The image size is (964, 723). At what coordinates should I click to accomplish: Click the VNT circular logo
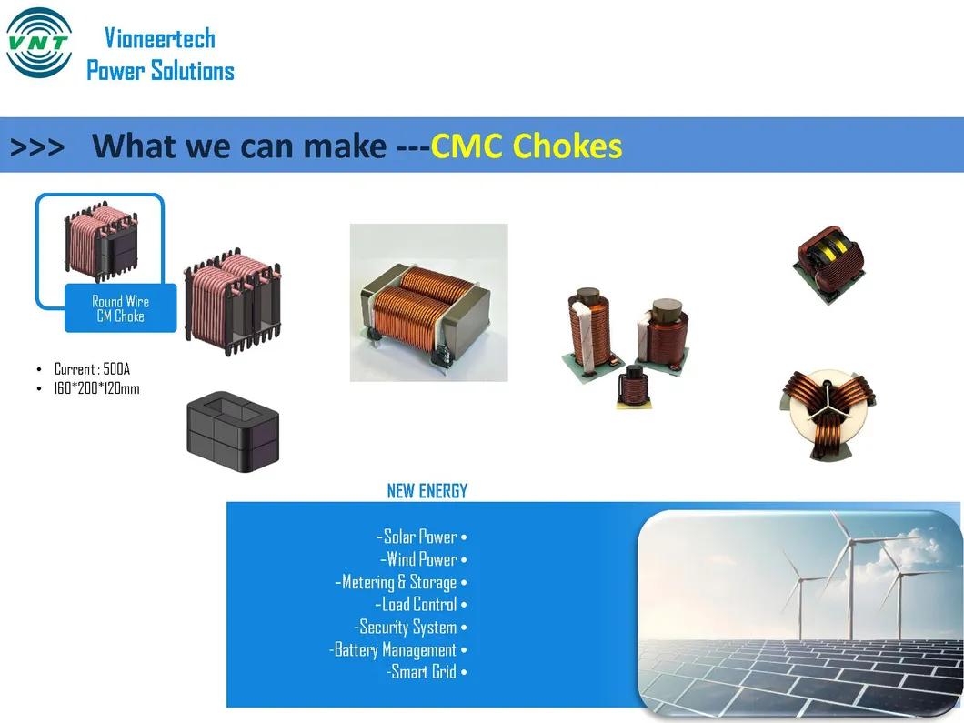39,43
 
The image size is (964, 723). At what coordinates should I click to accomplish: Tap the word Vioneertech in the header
160,38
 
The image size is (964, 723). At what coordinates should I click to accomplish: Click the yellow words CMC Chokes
527,146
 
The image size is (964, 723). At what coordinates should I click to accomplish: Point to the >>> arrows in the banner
37,147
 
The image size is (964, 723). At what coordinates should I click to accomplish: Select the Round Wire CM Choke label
120,308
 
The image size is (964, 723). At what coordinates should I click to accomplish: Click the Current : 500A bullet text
92,369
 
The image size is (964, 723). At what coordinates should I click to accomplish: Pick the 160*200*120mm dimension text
96,388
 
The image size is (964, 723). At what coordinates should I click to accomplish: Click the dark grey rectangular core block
233,432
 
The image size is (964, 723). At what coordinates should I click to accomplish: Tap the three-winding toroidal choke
828,414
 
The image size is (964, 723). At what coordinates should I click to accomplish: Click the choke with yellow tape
829,264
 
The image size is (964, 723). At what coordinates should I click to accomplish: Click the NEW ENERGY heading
427,490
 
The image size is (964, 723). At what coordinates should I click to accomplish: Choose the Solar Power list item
421,537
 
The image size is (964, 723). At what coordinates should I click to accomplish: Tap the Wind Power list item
424,559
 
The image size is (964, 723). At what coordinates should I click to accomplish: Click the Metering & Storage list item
401,582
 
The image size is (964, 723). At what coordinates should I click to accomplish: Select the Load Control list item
420,605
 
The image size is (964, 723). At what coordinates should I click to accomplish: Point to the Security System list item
410,628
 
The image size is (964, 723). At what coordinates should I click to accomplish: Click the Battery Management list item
398,650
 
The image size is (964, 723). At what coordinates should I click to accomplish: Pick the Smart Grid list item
426,672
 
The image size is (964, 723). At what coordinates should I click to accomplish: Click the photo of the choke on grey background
428,303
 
